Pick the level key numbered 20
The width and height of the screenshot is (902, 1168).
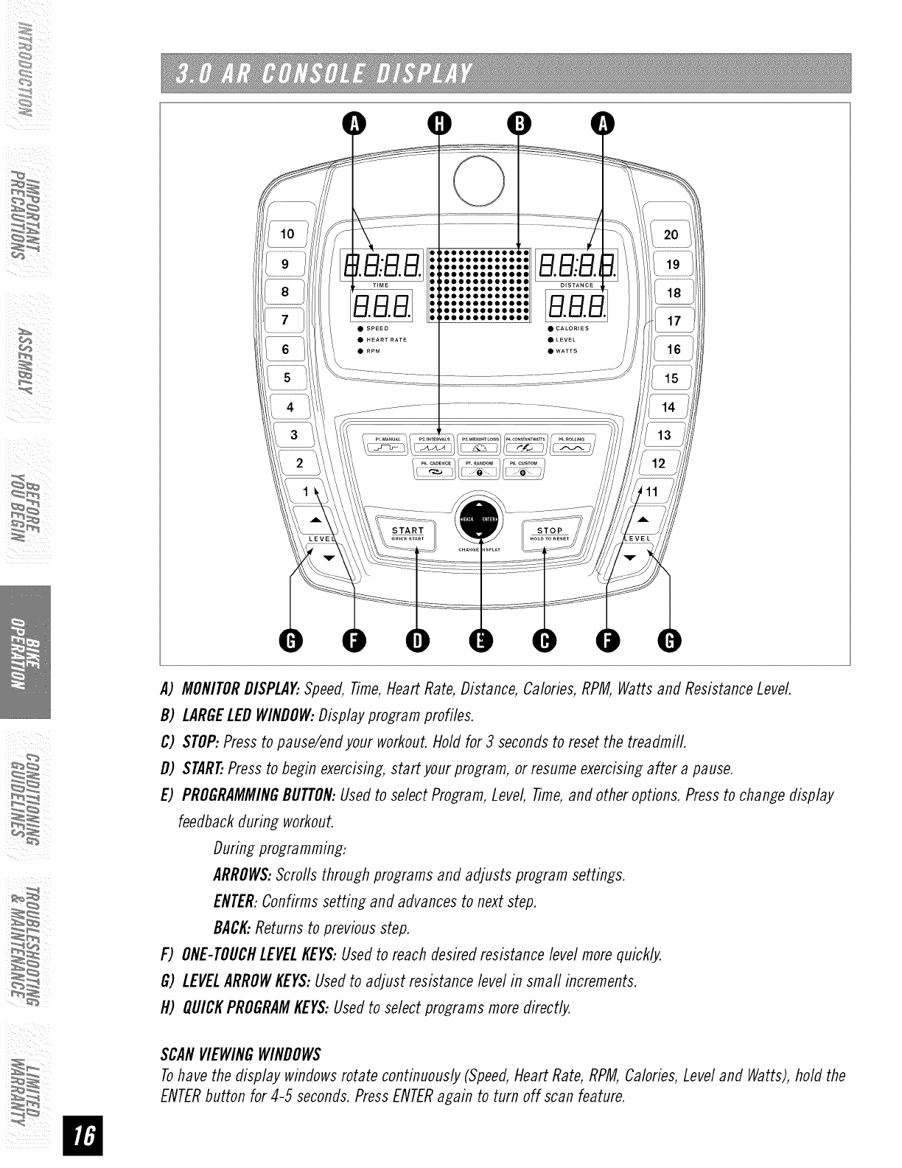671,235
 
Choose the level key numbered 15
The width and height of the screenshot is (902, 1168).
670,378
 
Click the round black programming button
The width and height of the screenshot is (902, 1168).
480,518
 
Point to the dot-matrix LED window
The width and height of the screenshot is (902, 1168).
480,285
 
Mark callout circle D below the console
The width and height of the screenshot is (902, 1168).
417,641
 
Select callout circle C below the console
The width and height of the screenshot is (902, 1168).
545,641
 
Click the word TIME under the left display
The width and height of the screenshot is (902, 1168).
380,285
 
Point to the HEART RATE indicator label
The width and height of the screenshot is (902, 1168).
386,340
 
